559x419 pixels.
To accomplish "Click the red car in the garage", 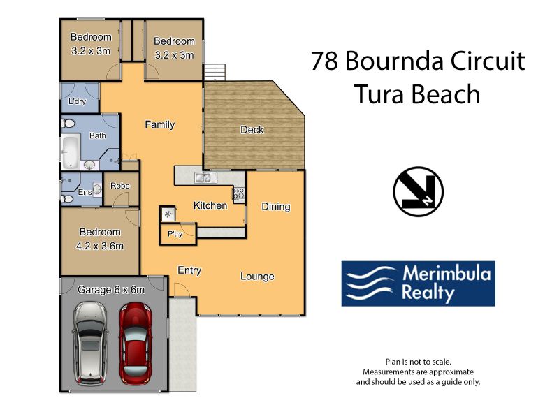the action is (x=136, y=344).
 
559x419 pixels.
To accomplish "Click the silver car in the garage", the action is (x=90, y=343).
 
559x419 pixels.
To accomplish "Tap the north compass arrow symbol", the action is (x=418, y=191).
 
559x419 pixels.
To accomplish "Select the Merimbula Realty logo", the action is (x=418, y=284).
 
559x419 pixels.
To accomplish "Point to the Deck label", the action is (x=252, y=130).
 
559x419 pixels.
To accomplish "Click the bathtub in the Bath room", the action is (x=71, y=151).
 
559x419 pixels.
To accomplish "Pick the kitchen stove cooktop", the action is (x=239, y=194).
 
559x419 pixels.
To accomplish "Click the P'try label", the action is (x=175, y=234).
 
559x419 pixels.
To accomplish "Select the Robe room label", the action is (x=120, y=186).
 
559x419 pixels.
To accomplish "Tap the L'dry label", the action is (x=78, y=101).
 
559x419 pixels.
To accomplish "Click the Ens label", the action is (x=85, y=192).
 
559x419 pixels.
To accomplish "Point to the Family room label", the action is (x=160, y=124).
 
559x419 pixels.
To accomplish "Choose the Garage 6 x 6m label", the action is (x=111, y=290).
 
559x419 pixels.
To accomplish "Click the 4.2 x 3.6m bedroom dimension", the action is (x=100, y=246).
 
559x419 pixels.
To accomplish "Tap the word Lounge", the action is (x=257, y=277).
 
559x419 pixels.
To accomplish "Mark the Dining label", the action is (x=276, y=207).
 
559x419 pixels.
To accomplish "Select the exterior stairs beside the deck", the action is (x=215, y=73).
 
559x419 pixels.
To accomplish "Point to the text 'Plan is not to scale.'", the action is (x=418, y=362).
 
